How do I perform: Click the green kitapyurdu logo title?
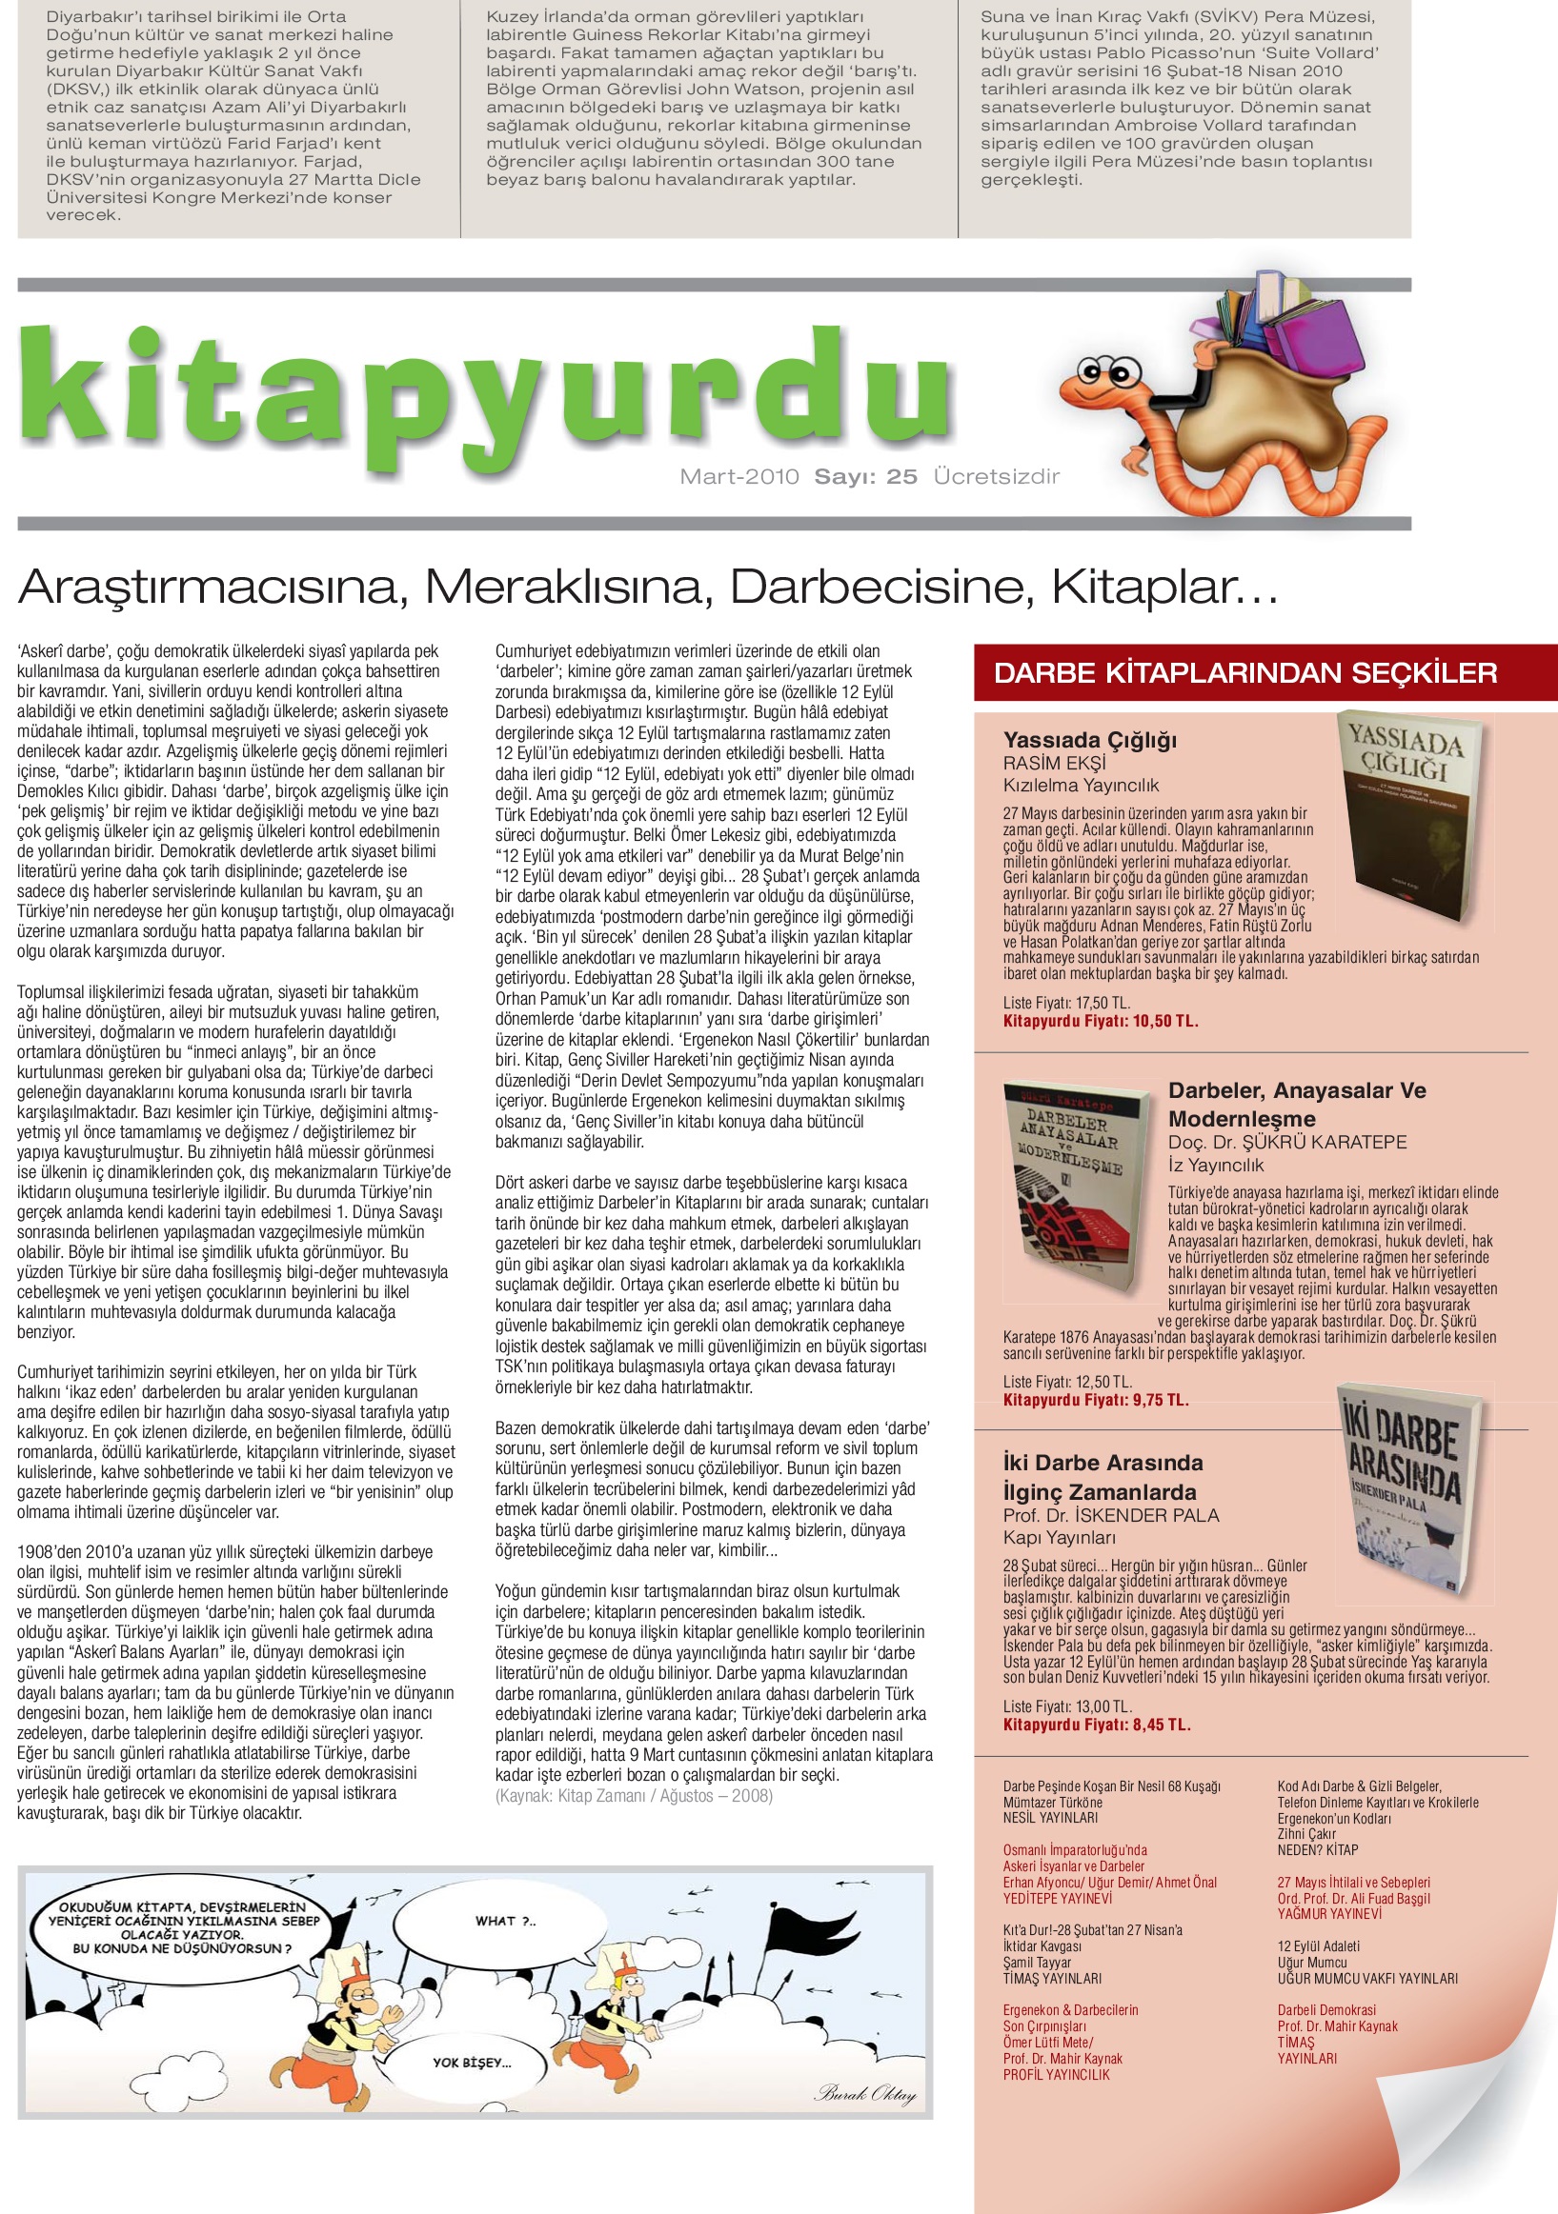coord(487,395)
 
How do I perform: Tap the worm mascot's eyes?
coord(1106,369)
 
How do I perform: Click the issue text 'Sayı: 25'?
coord(865,476)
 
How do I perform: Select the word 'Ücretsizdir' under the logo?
coord(997,476)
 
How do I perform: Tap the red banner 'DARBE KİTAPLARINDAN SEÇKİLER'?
coord(1245,673)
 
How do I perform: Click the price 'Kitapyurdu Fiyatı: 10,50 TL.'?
coord(1101,1021)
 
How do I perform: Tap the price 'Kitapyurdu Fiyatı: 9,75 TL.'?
coord(1096,1400)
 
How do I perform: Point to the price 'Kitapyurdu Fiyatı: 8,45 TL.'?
coord(1097,1725)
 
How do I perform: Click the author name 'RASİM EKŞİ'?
coord(1055,763)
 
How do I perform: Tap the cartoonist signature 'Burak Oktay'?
coord(865,2091)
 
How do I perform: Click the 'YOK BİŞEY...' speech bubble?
coord(472,2064)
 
